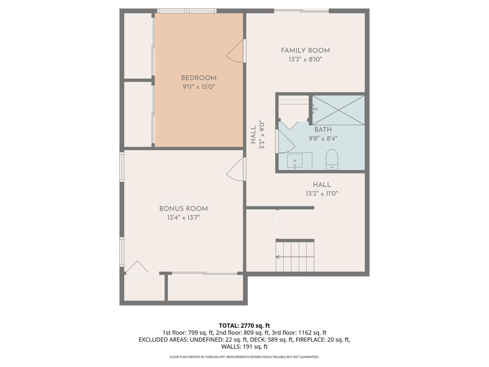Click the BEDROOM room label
click(199, 78)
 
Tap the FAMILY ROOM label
click(305, 51)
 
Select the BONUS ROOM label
click(183, 209)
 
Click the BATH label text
click(323, 130)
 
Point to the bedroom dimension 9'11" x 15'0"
click(199, 87)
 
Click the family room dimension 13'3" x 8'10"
click(305, 59)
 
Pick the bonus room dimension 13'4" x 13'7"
click(183, 217)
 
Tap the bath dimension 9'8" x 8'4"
click(323, 139)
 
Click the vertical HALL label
click(253, 135)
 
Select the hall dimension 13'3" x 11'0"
click(322, 194)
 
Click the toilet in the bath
click(332, 160)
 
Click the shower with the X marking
click(339, 110)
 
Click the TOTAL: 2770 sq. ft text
click(244, 326)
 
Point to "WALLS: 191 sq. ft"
click(244, 346)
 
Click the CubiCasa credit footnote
click(244, 356)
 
